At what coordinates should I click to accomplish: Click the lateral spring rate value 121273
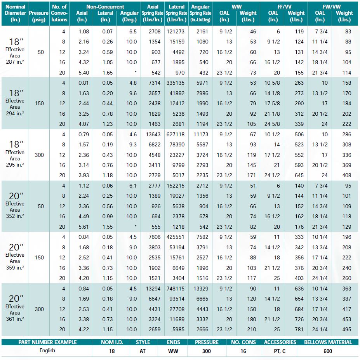click(x=176, y=31)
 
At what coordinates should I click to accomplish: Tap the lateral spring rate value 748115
click(x=176, y=289)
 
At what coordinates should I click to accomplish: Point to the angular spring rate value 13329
click(x=200, y=289)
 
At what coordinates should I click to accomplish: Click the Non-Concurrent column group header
click(x=105, y=7)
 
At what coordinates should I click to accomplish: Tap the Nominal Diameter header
click(x=15, y=13)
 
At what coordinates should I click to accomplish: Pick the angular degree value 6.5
click(x=132, y=31)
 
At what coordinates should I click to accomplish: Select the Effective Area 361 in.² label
click(x=15, y=313)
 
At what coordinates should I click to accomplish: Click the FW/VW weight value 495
click(x=346, y=330)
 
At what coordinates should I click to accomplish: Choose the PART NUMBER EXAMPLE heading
click(x=47, y=343)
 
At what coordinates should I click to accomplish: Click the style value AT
click(x=143, y=351)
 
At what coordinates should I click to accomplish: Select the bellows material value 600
click(x=328, y=351)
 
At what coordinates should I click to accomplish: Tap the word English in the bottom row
click(x=47, y=350)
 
